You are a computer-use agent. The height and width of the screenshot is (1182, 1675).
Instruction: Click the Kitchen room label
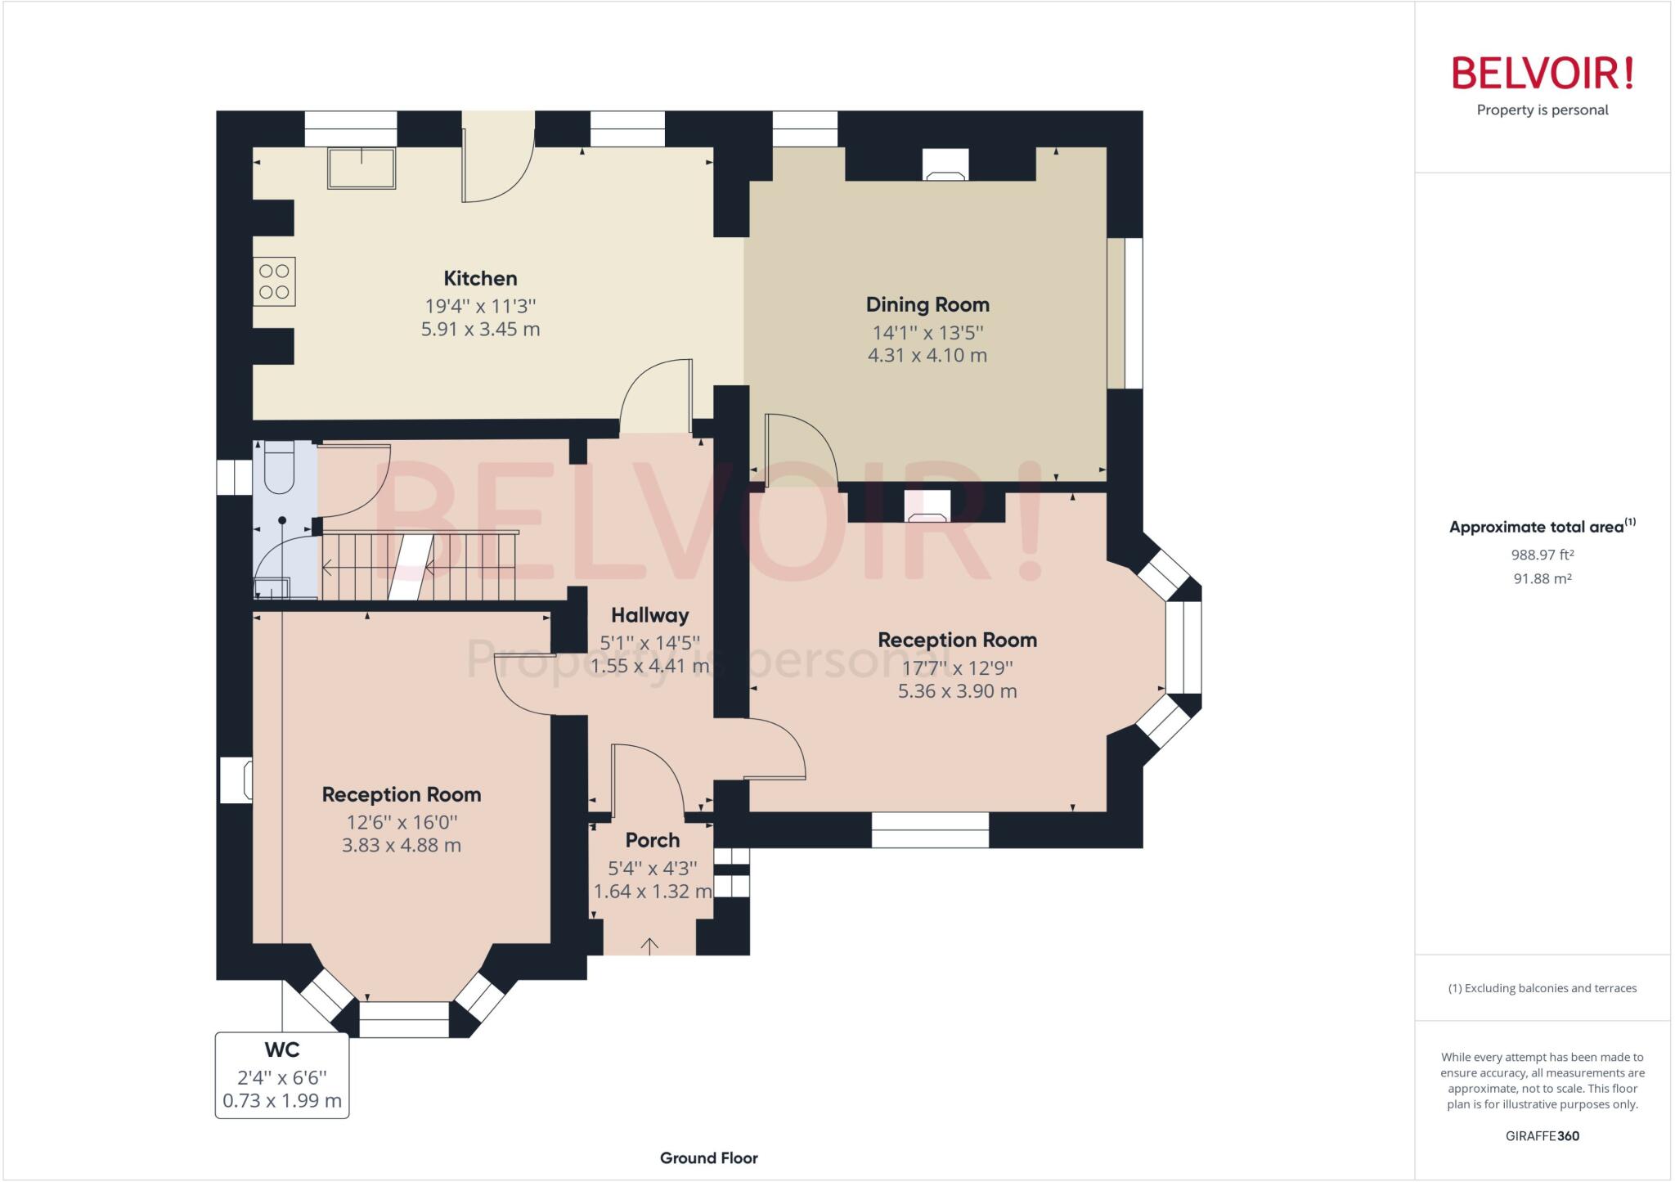[x=480, y=278]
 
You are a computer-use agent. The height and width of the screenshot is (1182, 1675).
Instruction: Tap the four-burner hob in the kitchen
[x=274, y=281]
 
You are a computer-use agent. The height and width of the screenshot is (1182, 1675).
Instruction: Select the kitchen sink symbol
[x=361, y=168]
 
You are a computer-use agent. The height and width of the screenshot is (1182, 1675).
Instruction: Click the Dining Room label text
[x=927, y=304]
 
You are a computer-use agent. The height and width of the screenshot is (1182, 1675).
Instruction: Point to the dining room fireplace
[x=945, y=166]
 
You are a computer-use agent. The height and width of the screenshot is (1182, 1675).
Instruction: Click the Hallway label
[x=649, y=615]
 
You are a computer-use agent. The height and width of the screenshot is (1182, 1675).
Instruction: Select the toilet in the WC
[x=280, y=469]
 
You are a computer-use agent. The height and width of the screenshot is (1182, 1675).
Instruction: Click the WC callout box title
[x=282, y=1049]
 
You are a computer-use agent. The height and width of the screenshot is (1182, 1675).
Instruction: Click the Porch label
[x=652, y=840]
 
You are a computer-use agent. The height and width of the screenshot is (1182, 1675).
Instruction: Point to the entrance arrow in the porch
[x=649, y=946]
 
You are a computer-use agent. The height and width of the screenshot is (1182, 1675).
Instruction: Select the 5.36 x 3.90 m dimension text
[x=957, y=691]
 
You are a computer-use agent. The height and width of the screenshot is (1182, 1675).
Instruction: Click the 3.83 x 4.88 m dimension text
[x=401, y=845]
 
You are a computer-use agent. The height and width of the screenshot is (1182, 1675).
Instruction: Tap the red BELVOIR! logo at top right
[x=1542, y=74]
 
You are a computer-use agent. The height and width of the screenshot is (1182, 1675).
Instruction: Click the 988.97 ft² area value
[x=1542, y=555]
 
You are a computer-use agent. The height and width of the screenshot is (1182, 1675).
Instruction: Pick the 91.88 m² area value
[x=1542, y=578]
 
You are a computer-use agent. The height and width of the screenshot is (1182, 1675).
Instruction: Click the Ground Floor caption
[x=708, y=1157]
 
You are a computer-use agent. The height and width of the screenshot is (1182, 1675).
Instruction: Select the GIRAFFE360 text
[x=1542, y=1135]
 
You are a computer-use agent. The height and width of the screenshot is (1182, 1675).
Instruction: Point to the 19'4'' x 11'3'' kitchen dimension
[x=480, y=306]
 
